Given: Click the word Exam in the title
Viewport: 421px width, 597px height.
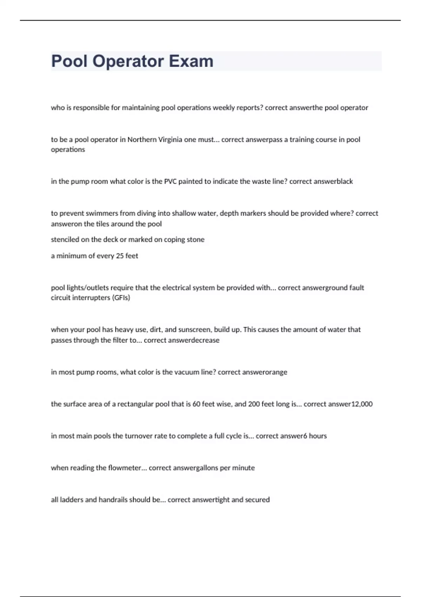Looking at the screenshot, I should [191, 61].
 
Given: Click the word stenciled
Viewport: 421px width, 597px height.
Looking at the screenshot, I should [65, 240].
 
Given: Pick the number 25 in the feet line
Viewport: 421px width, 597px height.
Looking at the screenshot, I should [120, 256].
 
